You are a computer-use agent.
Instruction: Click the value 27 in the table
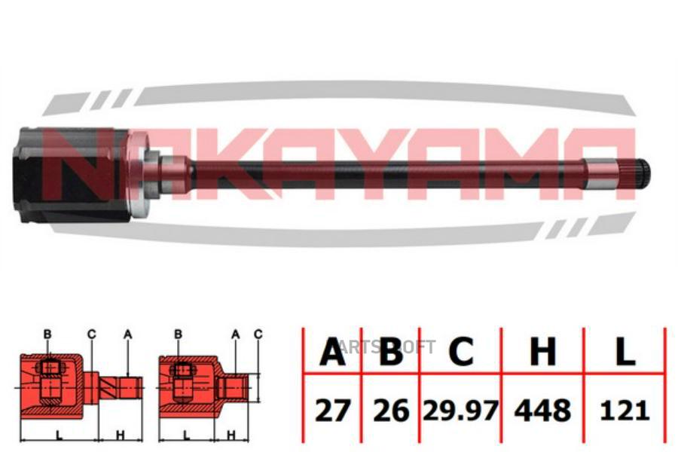(331, 411)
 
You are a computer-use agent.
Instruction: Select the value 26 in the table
(391, 411)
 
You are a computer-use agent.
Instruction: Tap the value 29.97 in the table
(460, 410)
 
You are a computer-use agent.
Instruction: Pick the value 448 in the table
(542, 411)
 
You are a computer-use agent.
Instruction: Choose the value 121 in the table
(625, 411)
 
